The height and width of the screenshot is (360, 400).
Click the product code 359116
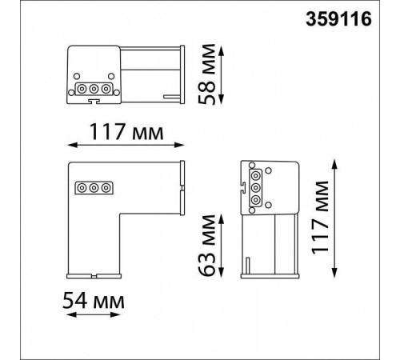(x=338, y=19)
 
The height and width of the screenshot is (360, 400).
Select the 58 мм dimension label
(x=206, y=74)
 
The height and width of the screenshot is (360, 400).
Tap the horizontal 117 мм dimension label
(x=126, y=132)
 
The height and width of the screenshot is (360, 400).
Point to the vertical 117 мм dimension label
(x=320, y=218)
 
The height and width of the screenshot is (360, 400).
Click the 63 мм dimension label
(x=206, y=245)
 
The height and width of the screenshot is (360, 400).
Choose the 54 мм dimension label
(x=94, y=301)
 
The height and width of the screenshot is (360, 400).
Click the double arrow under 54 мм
(x=94, y=314)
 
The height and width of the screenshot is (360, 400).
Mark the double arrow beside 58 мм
(x=221, y=74)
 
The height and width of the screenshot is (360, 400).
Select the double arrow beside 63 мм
(x=221, y=246)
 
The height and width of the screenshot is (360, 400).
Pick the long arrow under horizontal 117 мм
(x=126, y=145)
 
